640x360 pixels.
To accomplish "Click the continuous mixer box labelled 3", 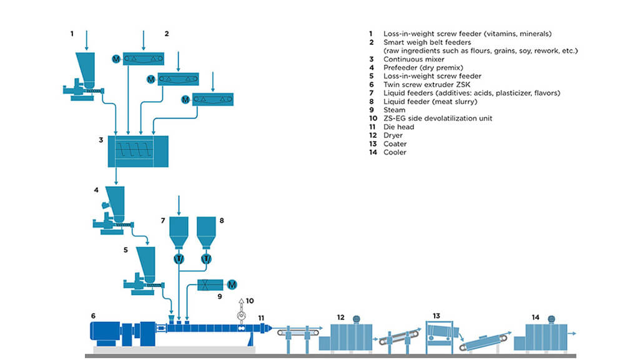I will [x=137, y=150].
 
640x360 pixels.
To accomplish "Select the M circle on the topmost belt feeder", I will [x=116, y=59].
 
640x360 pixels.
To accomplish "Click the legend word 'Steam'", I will [x=394, y=110].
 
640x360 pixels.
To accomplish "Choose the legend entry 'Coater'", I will [x=396, y=144].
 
